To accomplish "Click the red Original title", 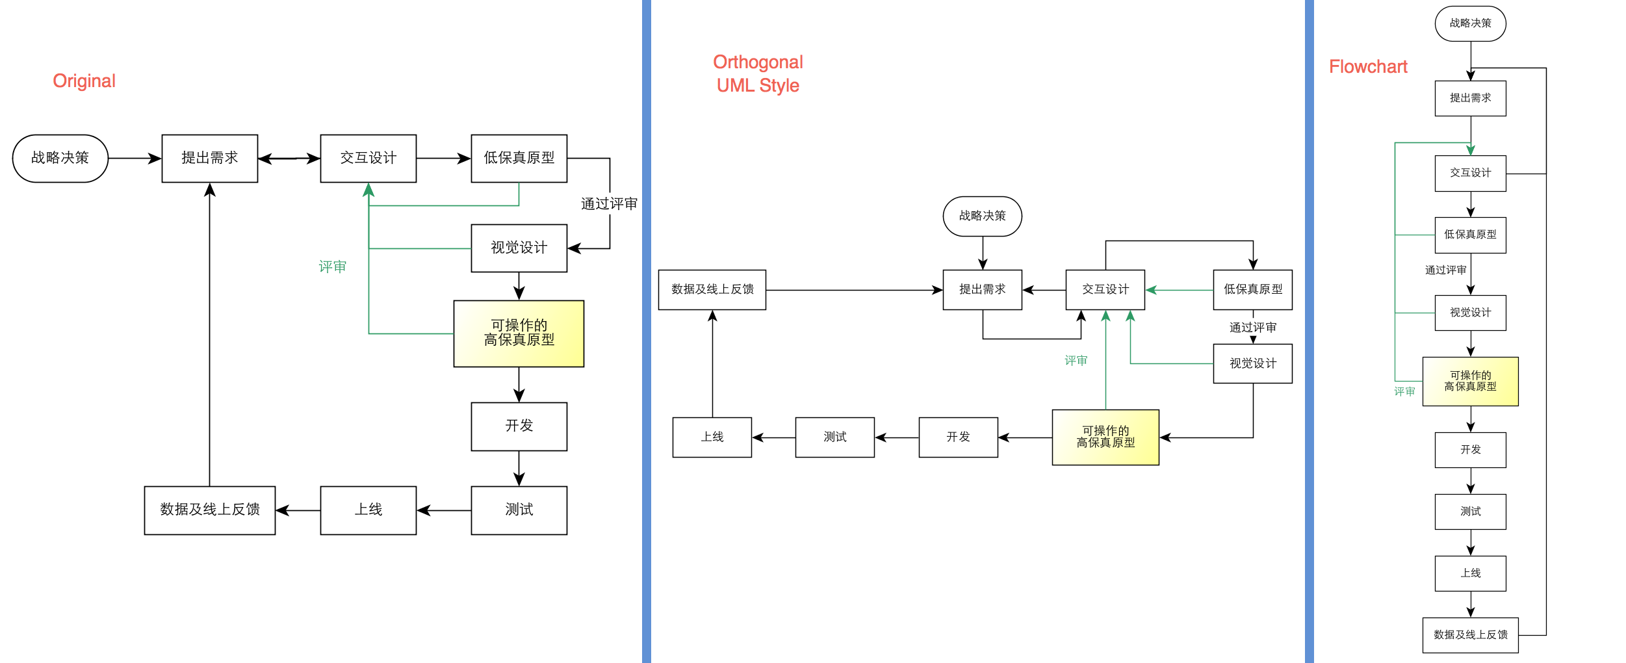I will [84, 81].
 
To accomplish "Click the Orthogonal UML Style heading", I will [758, 73].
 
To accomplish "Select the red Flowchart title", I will [1368, 67].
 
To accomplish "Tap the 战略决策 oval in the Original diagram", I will [60, 159].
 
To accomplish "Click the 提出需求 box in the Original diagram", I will [209, 159].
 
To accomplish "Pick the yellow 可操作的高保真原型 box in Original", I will [519, 333].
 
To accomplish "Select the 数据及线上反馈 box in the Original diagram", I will [209, 510].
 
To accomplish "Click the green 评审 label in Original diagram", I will [332, 266].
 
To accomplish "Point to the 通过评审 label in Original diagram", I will [608, 204].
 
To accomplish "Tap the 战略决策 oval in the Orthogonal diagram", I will [982, 216].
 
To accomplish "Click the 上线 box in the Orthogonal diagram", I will [712, 437].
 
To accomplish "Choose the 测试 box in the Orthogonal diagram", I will [834, 437].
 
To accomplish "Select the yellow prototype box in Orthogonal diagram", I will [1105, 437].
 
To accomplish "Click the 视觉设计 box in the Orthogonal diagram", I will [1252, 364].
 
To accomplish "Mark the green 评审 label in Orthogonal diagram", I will [1076, 361].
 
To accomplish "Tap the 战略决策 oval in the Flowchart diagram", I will [1470, 24].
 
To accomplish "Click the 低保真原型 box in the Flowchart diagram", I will [1470, 235].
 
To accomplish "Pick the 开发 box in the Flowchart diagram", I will [1470, 450].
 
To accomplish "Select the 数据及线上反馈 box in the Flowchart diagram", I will [1470, 635].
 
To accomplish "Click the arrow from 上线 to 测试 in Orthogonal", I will [773, 437].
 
